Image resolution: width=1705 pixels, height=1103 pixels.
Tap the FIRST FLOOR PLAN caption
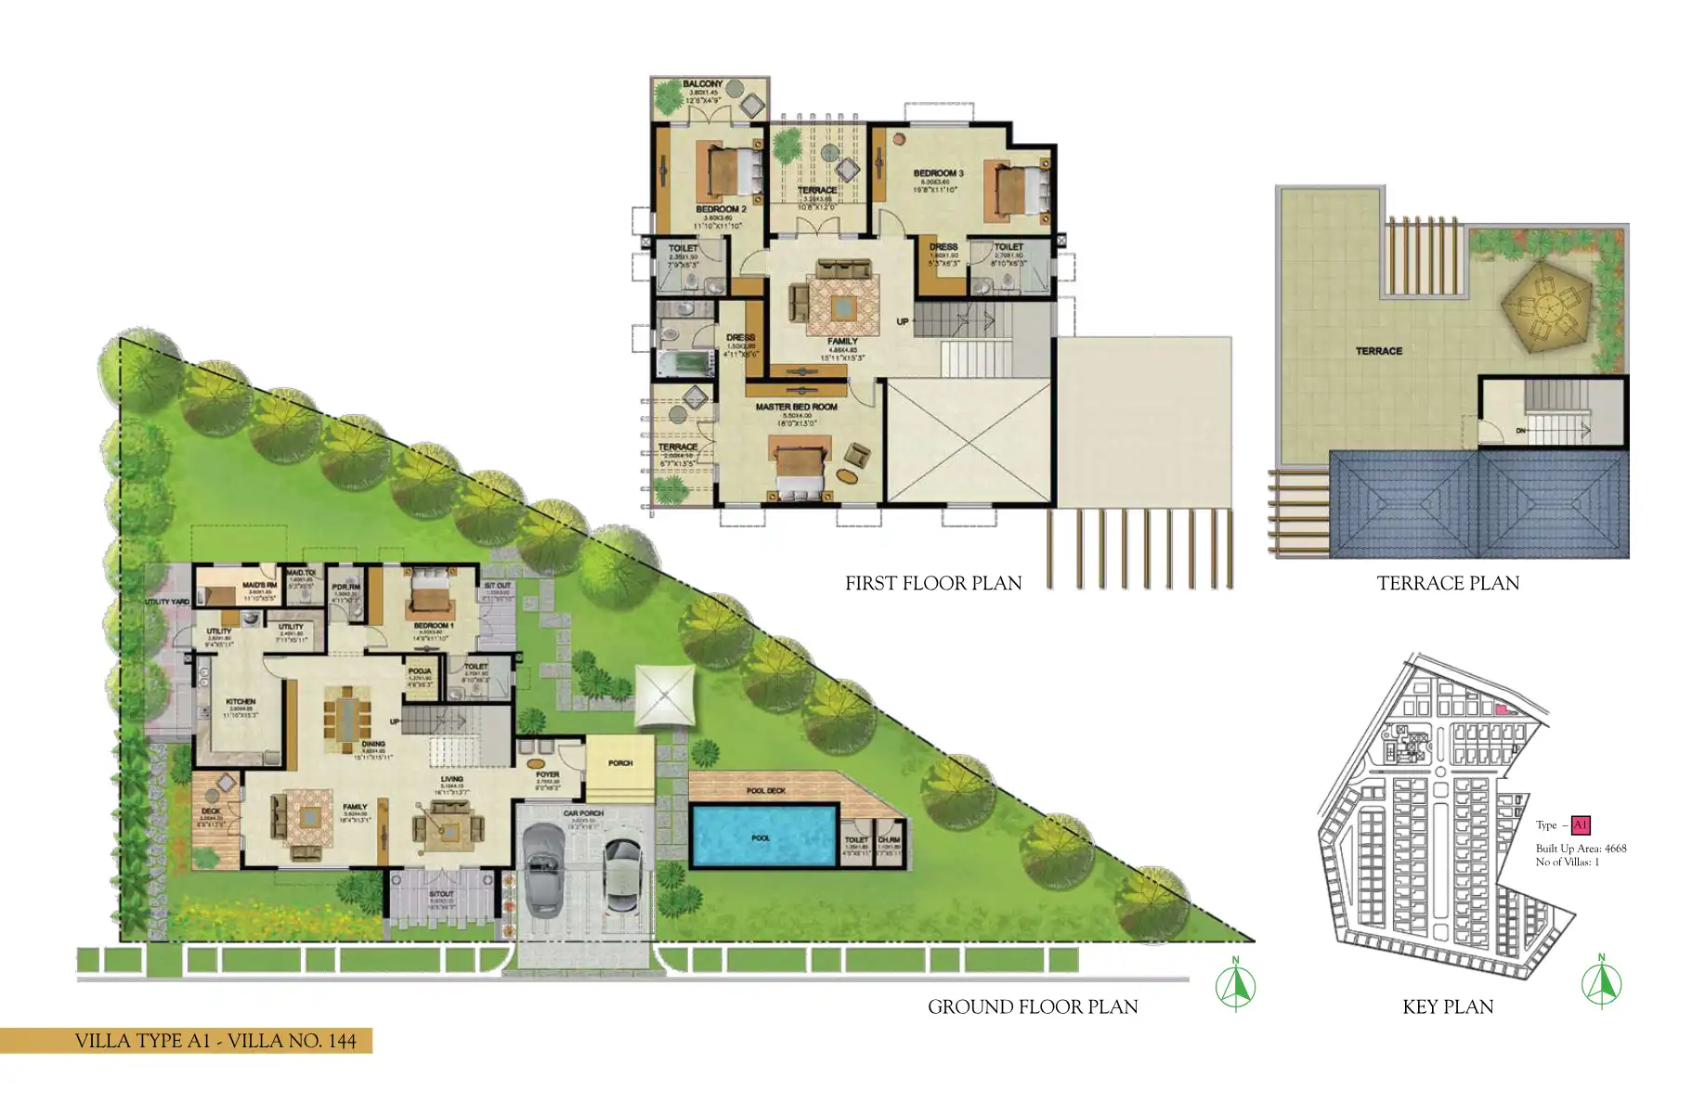pyautogui.click(x=932, y=583)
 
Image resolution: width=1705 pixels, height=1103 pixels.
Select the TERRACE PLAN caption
pyautogui.click(x=1448, y=583)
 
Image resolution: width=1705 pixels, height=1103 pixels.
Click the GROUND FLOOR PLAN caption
pyautogui.click(x=1032, y=1006)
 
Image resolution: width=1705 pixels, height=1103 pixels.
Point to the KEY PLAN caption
pyautogui.click(x=1448, y=1006)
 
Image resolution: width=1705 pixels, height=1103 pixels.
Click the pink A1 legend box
pyautogui.click(x=1580, y=824)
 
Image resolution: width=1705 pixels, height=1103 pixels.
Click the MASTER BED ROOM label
pyautogui.click(x=796, y=407)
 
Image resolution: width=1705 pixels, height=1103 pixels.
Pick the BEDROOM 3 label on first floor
pyautogui.click(x=938, y=174)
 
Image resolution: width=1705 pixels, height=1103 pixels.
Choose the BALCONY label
pyautogui.click(x=702, y=84)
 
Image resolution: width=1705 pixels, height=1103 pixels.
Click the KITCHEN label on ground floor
pyautogui.click(x=241, y=702)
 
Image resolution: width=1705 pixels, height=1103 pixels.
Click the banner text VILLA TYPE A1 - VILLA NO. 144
pyautogui.click(x=215, y=1041)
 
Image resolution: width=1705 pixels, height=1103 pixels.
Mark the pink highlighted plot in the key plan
pyautogui.click(x=1501, y=708)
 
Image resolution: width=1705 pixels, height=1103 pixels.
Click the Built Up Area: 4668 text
pyautogui.click(x=1581, y=848)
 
